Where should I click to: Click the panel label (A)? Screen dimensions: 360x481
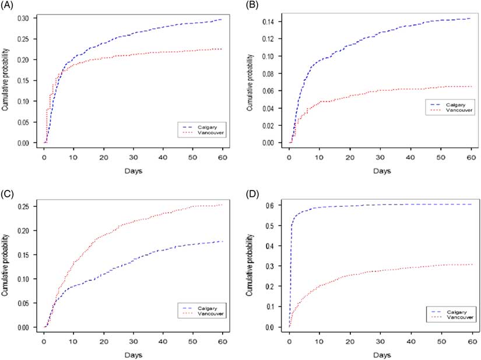pos(10,6)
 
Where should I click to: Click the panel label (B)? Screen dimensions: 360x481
pos(254,6)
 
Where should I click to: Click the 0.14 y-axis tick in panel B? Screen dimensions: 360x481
pos(272,22)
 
